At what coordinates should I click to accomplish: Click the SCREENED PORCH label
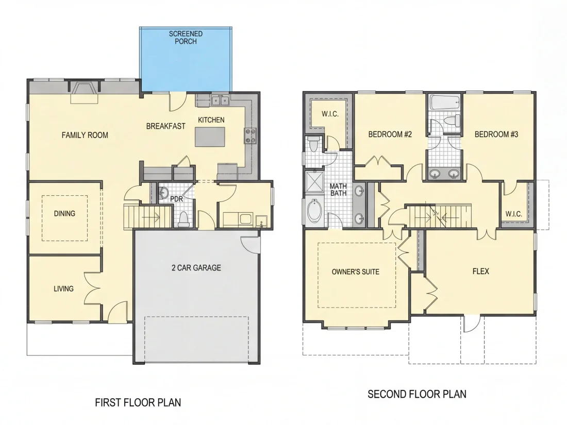tap(186, 38)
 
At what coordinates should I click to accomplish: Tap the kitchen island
tap(209, 137)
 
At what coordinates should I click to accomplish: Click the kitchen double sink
tap(220, 100)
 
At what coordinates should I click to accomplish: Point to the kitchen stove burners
tap(251, 136)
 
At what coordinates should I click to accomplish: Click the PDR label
tap(176, 199)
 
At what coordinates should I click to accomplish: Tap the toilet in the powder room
tap(184, 219)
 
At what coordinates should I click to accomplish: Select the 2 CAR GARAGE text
tap(196, 268)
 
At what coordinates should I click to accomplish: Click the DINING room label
tap(65, 214)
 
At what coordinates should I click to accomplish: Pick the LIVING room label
tap(63, 289)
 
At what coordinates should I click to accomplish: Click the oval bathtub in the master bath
tap(313, 211)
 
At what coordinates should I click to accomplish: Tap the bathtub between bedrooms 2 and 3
tap(444, 103)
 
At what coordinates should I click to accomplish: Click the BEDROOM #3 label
tap(496, 134)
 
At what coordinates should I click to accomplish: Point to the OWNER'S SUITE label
tap(356, 272)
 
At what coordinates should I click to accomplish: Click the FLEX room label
tap(481, 271)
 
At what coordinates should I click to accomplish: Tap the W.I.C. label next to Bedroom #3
tap(514, 214)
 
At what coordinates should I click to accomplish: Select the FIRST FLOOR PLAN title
tap(138, 402)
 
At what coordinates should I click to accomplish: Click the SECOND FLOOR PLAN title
tap(417, 394)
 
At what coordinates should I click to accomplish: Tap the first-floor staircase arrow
tap(152, 217)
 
